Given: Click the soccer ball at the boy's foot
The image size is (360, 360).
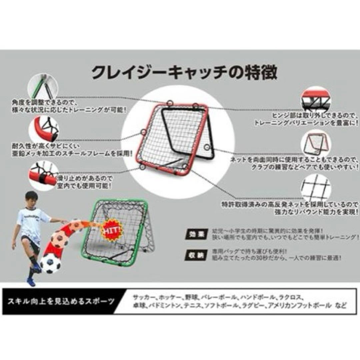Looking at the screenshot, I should tap(51, 264).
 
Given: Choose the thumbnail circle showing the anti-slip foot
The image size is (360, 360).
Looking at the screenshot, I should tap(44, 176).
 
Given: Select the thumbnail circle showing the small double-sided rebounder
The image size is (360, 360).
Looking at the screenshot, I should tap(315, 143).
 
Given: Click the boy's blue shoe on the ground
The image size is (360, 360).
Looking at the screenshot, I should tap(31, 282).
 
